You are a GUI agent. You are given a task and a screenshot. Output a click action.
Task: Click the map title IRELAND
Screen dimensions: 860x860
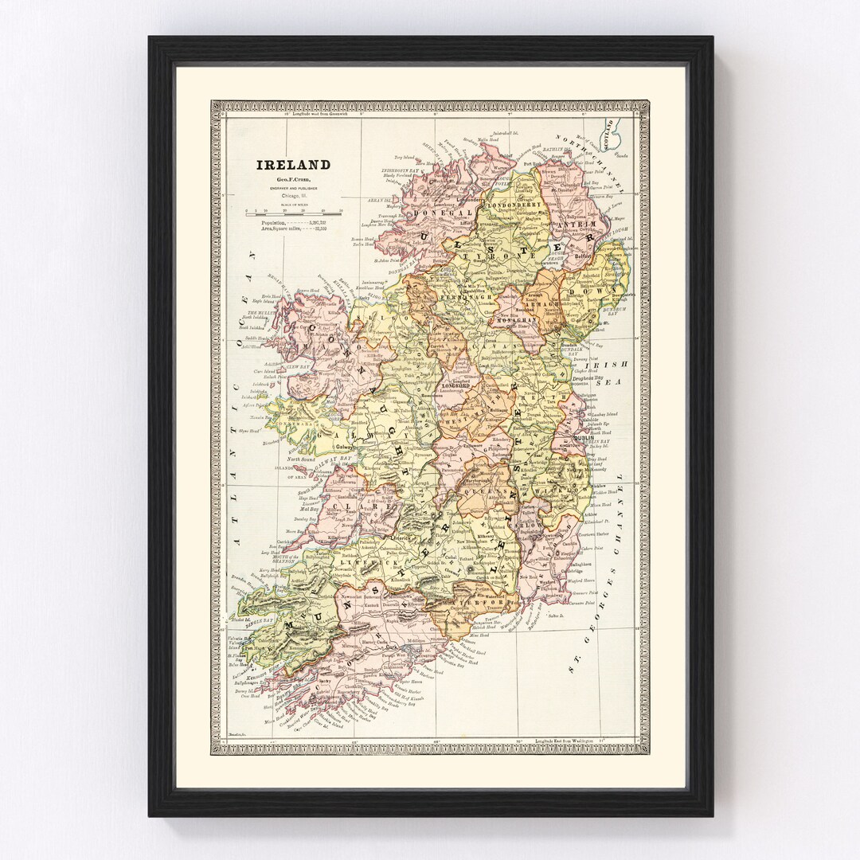[x=292, y=165]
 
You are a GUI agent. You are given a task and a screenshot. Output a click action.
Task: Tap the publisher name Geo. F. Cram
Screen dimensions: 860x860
[x=292, y=180]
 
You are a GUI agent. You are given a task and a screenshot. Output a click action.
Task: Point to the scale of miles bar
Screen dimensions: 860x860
[x=292, y=213]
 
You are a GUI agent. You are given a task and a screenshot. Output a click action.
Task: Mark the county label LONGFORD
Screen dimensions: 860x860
[x=444, y=388]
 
